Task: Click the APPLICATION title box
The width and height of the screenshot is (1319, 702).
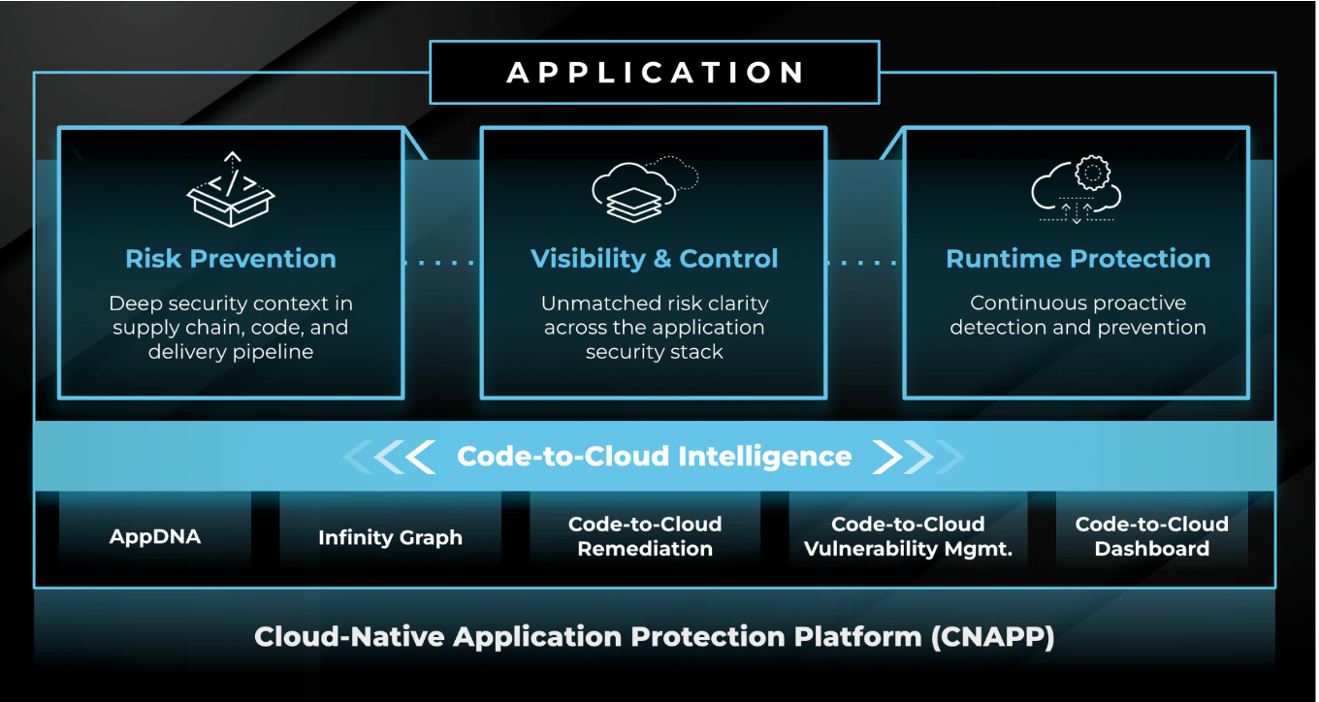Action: pos(655,73)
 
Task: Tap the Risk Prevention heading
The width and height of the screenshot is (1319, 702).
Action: pos(231,259)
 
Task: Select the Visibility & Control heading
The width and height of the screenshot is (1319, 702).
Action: pos(654,259)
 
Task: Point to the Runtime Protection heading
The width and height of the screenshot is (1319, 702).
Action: pos(1078,259)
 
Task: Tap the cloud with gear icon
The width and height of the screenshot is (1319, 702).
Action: pos(1077,190)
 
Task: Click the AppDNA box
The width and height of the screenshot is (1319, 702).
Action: pos(155,536)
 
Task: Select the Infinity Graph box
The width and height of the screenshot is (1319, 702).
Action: pos(390,537)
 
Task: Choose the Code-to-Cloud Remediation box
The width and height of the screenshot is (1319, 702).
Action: pos(645,536)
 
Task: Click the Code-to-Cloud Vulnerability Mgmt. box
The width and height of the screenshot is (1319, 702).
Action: pos(908,536)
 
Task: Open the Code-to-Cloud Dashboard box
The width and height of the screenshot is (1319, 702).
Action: pos(1151,536)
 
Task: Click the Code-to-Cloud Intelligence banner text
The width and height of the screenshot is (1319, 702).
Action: pos(654,457)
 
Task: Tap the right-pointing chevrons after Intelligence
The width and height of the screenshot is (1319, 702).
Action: pos(917,457)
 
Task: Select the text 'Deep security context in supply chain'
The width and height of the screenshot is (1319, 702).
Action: pos(231,315)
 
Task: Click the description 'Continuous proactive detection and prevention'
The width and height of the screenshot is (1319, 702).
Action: pos(1078,315)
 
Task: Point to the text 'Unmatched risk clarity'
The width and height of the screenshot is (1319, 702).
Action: pos(654,303)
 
